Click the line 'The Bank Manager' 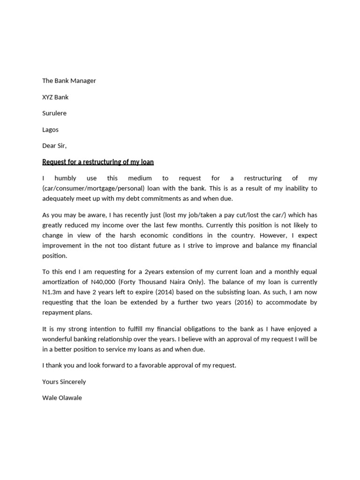pos(69,81)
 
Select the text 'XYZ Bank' pos(55,97)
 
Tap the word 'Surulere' pos(54,113)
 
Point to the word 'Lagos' pos(50,129)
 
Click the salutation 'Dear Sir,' pos(54,146)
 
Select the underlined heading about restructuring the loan pos(98,162)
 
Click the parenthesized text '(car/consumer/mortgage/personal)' pos(92,188)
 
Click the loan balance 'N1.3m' pos(51,292)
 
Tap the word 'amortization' pos(61,282)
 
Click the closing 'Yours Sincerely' pos(64,382)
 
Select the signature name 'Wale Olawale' pos(62,398)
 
